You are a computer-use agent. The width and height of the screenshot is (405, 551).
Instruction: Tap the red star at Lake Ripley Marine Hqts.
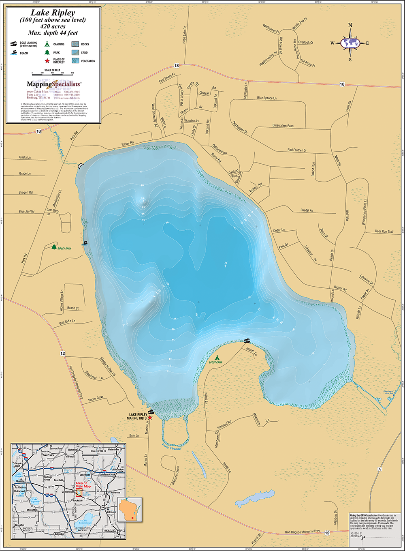tap(150, 417)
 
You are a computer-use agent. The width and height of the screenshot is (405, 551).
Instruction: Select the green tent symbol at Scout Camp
tap(217, 358)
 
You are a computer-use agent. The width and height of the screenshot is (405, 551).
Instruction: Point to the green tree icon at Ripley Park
tap(54, 247)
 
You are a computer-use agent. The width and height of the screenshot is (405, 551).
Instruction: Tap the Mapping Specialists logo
tap(54, 84)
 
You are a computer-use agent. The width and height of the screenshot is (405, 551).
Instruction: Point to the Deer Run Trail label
tap(384, 232)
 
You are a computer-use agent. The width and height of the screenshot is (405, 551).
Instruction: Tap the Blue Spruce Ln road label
tap(267, 98)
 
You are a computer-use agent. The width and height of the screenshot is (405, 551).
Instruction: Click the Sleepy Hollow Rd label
tap(108, 366)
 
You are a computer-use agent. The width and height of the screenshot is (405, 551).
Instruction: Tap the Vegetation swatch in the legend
tap(76, 61)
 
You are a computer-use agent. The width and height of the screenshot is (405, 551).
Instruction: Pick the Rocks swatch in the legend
tap(76, 44)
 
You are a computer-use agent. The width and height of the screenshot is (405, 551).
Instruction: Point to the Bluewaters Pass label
tap(283, 126)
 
